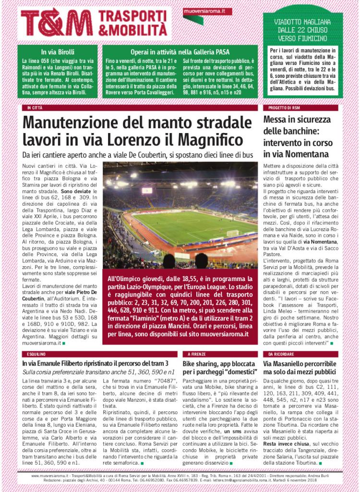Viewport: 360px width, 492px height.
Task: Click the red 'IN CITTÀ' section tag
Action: [35, 108]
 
